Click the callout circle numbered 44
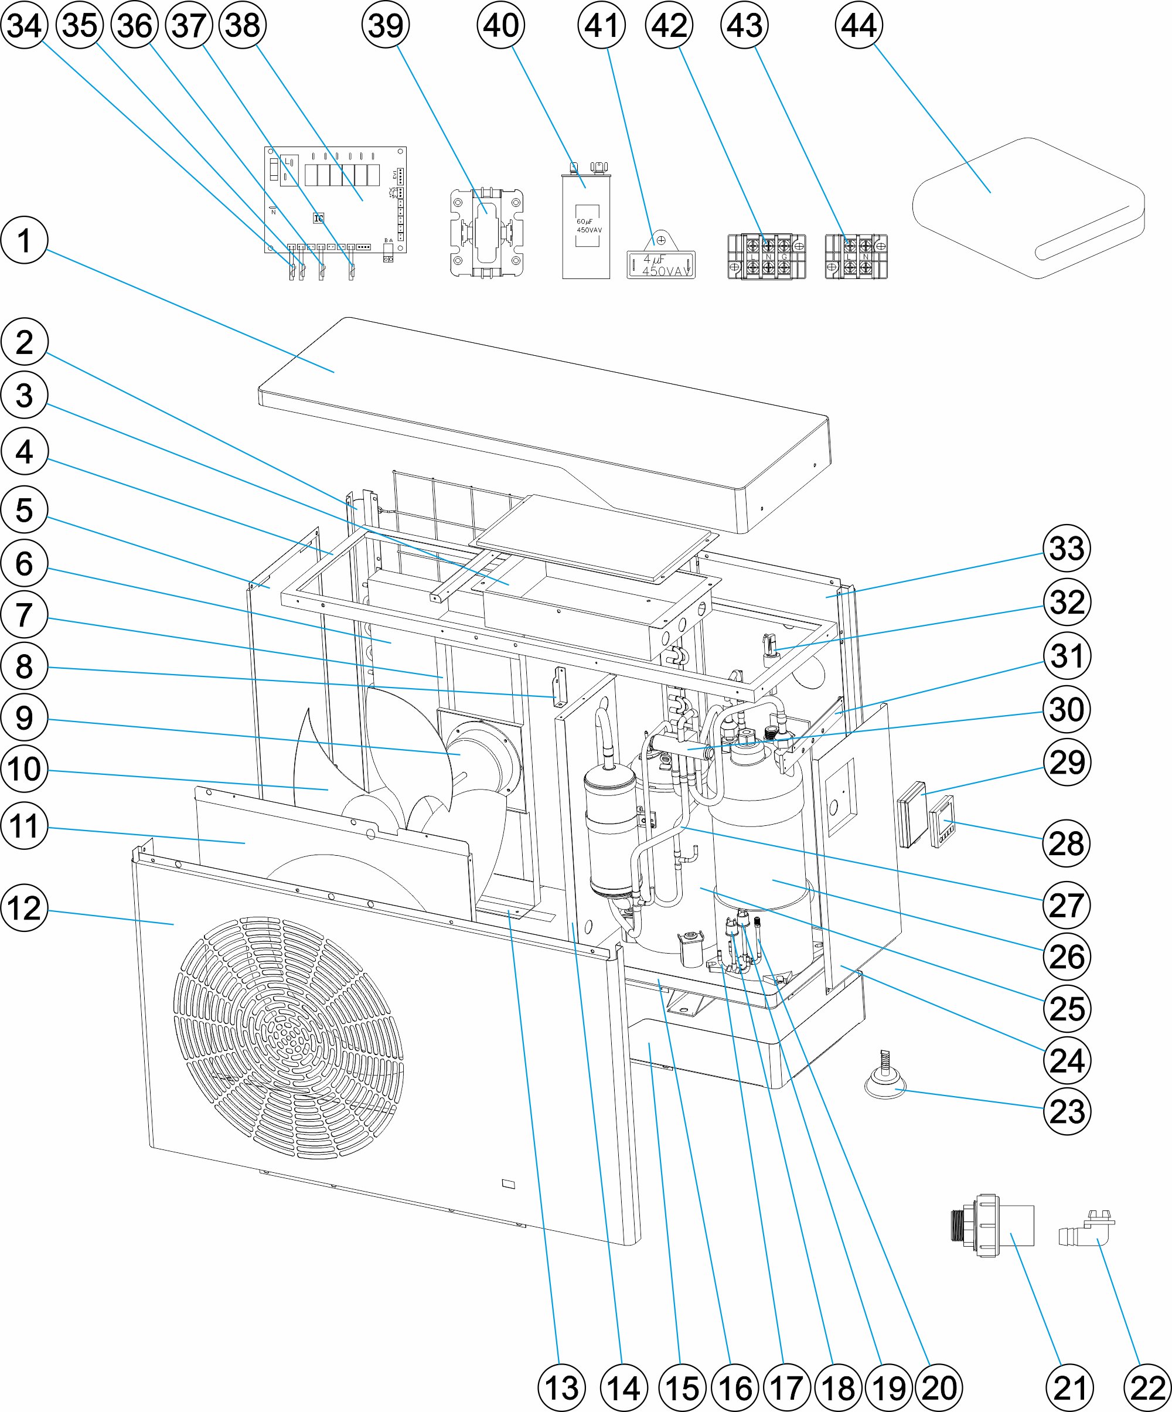tap(858, 26)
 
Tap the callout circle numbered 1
tap(24, 240)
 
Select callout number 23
tap(1067, 1111)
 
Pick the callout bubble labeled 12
tap(24, 908)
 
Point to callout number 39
tap(385, 26)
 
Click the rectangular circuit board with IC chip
tap(335, 200)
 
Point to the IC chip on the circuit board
tap(319, 218)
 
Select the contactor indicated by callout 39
tap(486, 232)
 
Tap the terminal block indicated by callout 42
tap(766, 256)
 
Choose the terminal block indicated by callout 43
tap(856, 256)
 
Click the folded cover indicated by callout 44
tap(1029, 209)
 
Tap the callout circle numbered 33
tap(1067, 548)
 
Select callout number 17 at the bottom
tap(785, 1388)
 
